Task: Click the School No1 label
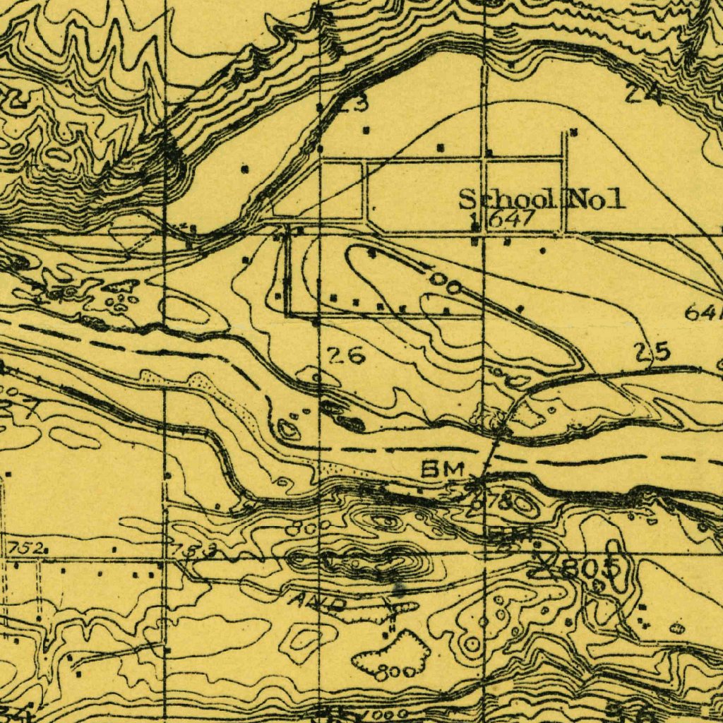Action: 542,200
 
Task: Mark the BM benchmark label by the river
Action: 443,468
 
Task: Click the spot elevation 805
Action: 592,567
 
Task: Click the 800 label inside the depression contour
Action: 390,673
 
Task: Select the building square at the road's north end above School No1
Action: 573,131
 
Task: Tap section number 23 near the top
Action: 351,104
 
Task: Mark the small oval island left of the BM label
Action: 288,428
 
